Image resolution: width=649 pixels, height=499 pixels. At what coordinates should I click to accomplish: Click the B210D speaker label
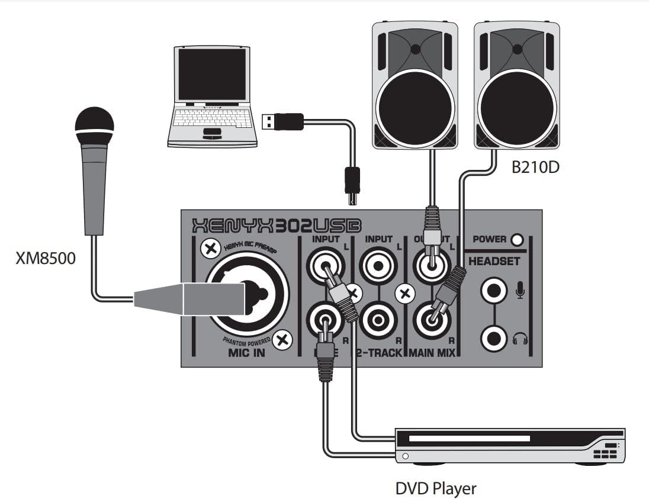(x=535, y=168)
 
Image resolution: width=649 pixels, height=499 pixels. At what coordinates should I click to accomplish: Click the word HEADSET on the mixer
(x=494, y=261)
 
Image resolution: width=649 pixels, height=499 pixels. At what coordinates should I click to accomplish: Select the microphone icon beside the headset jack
(x=521, y=289)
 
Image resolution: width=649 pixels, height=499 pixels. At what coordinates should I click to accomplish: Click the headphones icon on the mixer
(x=521, y=339)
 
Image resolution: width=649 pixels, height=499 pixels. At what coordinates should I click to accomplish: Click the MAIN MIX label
(x=433, y=353)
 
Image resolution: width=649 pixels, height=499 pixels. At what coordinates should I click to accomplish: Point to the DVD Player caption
(x=435, y=488)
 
